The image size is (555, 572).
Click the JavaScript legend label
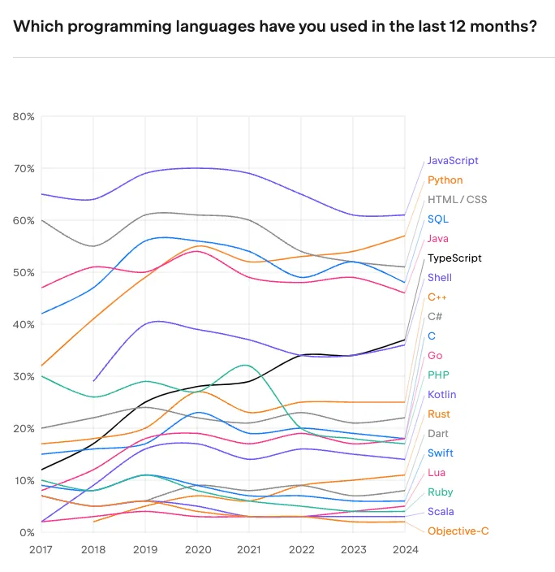point(452,161)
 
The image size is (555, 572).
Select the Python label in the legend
point(445,180)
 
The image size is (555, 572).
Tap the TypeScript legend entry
point(454,258)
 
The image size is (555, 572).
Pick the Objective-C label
point(458,531)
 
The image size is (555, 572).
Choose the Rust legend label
point(439,414)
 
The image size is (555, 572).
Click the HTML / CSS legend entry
point(457,200)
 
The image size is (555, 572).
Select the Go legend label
point(435,356)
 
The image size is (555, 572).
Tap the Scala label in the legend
point(441,512)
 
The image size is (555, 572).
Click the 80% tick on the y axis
point(24,116)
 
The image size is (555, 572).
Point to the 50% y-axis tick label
point(24,272)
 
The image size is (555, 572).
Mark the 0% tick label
point(26,532)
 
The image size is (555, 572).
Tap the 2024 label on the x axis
point(405,549)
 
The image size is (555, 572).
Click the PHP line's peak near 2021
point(246,365)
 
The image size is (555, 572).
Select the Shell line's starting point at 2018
point(95,381)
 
